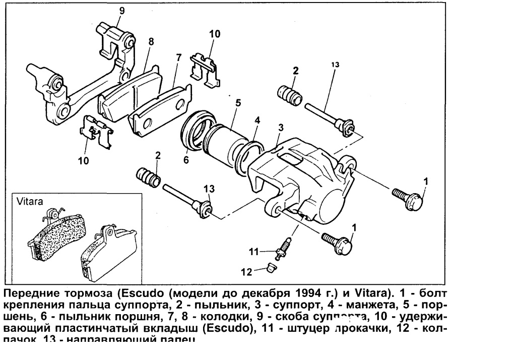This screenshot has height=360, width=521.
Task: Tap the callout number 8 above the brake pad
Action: pyautogui.click(x=151, y=42)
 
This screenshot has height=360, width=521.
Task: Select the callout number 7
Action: pyautogui.click(x=178, y=58)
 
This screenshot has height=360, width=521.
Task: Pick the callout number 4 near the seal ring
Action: pyautogui.click(x=257, y=121)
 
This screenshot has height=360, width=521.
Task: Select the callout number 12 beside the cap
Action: pyautogui.click(x=246, y=272)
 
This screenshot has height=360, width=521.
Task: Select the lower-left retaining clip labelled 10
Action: pyautogui.click(x=97, y=132)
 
